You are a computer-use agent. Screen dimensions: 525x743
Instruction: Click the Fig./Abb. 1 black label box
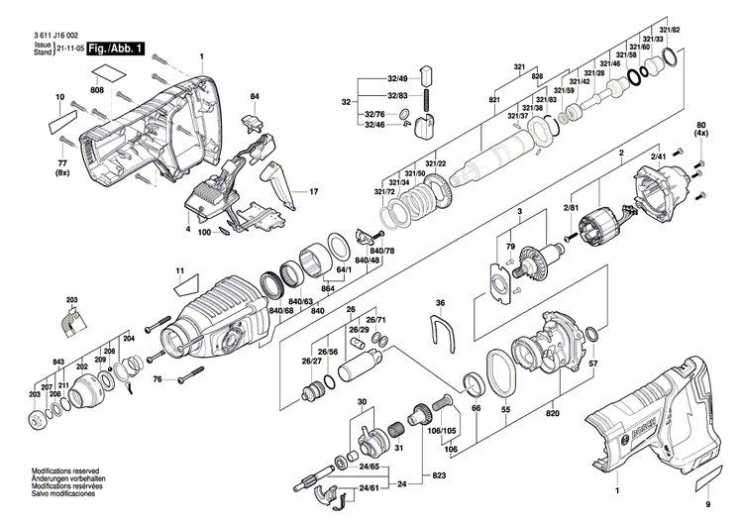(x=116, y=48)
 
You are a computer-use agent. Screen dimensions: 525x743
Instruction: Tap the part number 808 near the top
(x=97, y=90)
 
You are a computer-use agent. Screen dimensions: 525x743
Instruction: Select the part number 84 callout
(x=255, y=95)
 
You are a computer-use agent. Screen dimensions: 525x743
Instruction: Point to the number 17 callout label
(x=314, y=191)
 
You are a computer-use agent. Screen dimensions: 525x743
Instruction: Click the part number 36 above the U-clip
(x=441, y=303)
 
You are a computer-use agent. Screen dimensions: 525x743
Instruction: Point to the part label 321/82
(x=671, y=31)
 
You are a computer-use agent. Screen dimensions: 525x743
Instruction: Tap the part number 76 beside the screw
(x=158, y=379)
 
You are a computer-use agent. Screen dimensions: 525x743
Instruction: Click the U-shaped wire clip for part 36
(x=442, y=331)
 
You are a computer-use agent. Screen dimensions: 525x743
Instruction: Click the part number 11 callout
(x=180, y=269)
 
